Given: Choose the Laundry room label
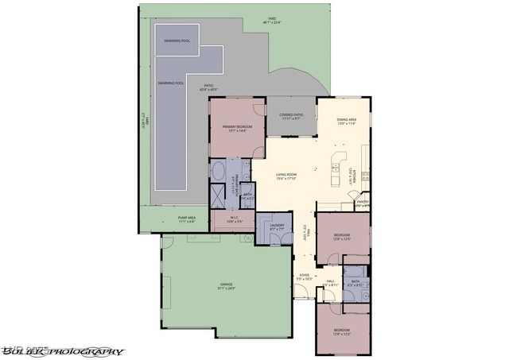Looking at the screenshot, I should tap(277, 226).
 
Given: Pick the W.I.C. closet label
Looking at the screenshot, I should tap(235, 219).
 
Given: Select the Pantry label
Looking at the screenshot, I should tap(361, 203).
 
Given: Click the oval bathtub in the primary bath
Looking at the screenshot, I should tap(217, 170).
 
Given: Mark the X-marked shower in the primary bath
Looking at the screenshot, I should tap(217, 195).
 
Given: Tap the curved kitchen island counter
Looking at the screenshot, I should tap(340, 159).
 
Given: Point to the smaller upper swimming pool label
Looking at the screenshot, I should tap(177, 40).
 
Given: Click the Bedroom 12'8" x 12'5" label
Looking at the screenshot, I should tap(343, 238).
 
